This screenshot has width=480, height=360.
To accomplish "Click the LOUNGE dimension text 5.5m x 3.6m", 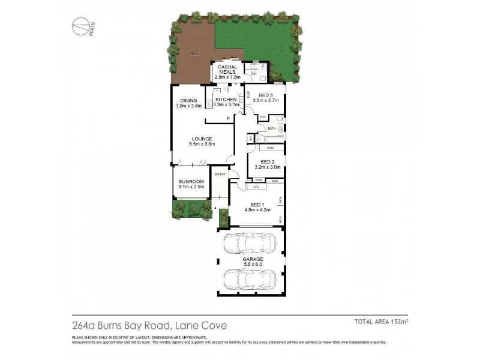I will click(202, 144).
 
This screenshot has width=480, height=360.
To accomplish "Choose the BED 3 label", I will click(266, 95).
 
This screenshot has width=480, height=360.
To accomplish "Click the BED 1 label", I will click(258, 205).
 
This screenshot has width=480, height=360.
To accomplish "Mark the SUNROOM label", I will click(191, 181).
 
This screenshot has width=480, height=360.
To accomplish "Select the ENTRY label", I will click(220, 175).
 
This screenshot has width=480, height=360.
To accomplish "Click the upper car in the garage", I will click(249, 244).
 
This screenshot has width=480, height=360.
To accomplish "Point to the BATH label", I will click(271, 128).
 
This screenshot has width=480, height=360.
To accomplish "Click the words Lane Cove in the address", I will click(205, 326).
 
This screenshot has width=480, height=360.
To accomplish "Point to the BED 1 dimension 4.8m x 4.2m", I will click(258, 210).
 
